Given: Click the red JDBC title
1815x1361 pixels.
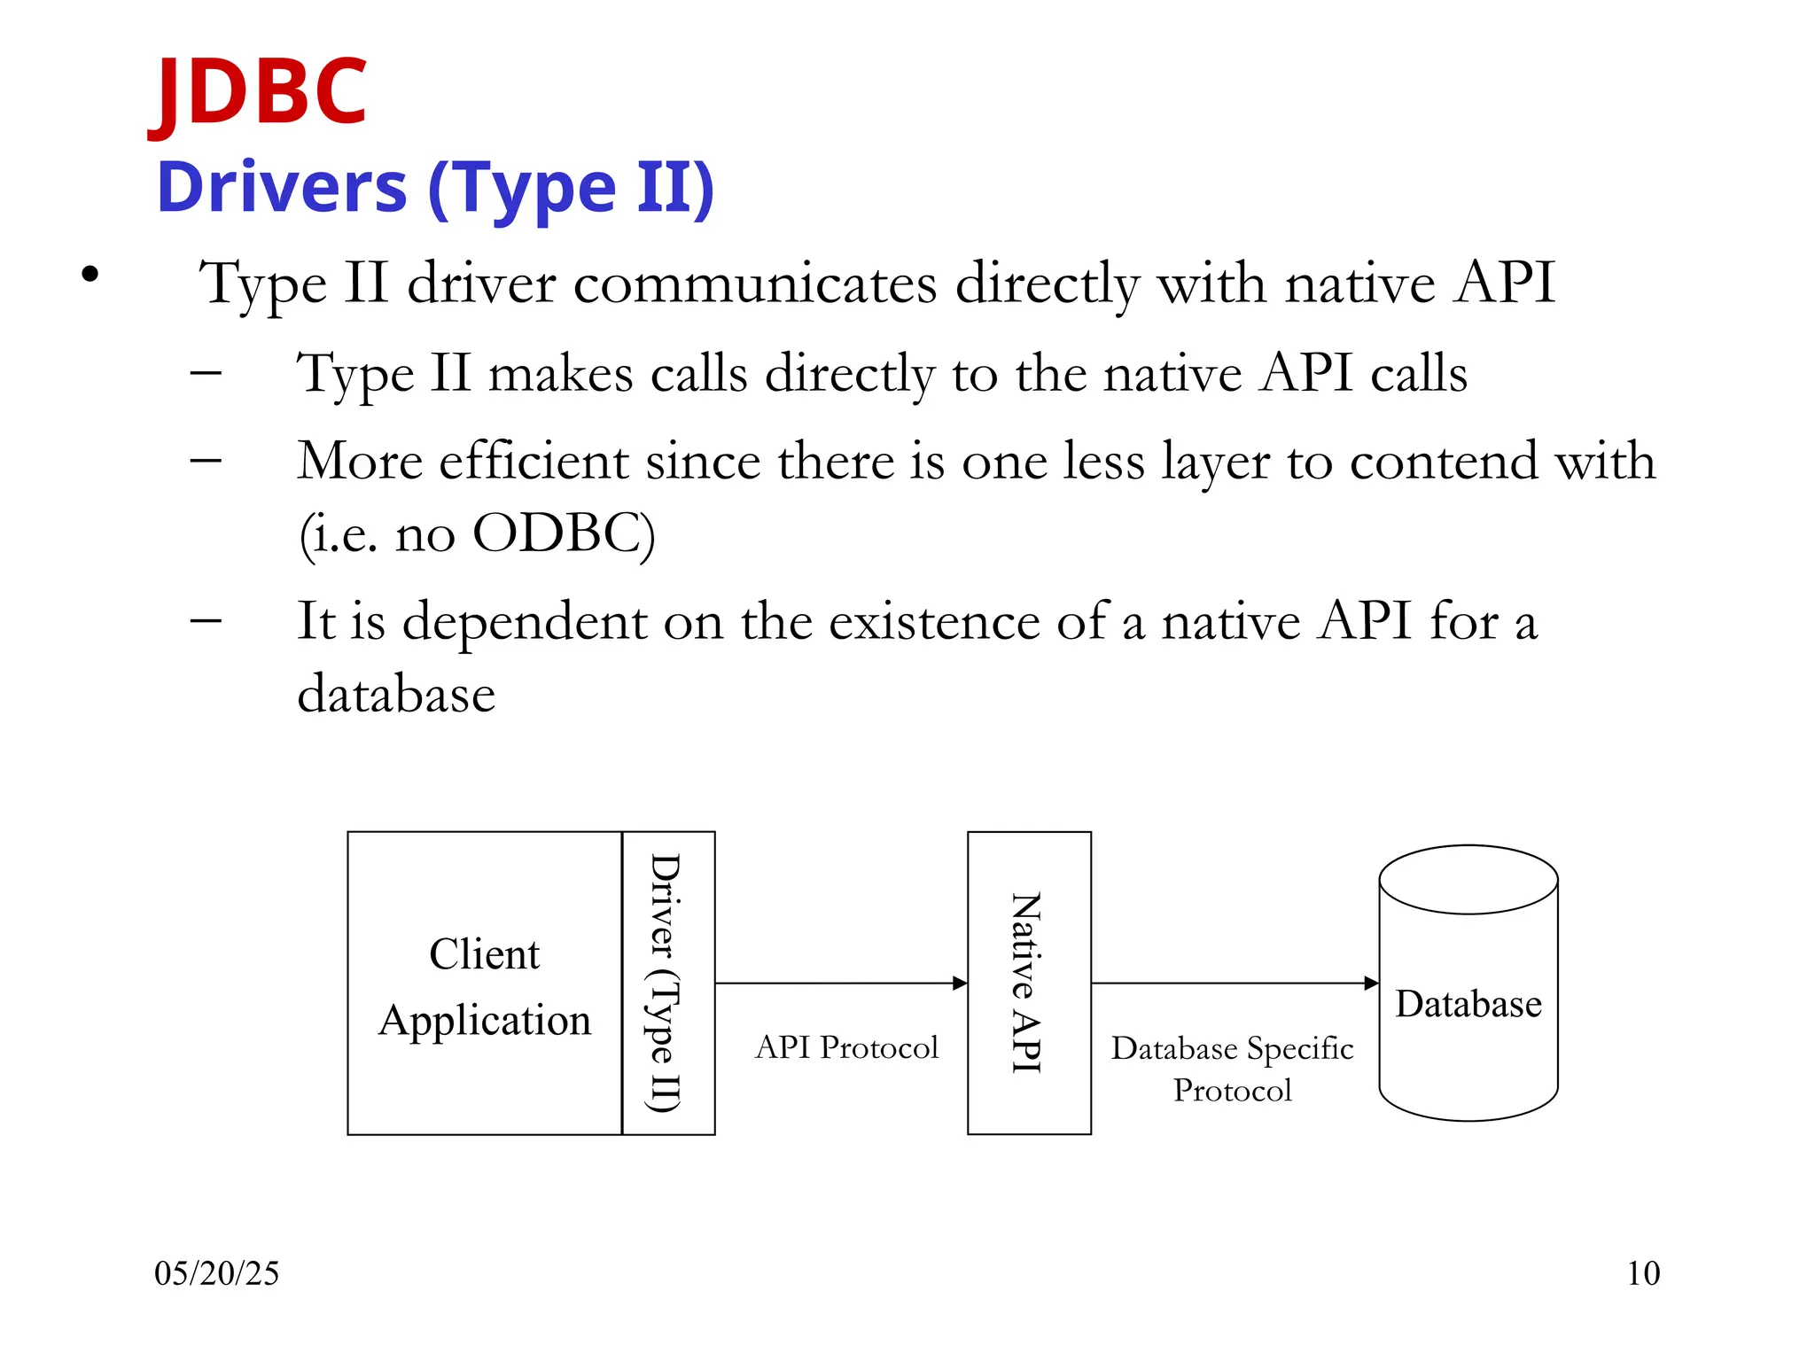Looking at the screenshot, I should click(x=259, y=90).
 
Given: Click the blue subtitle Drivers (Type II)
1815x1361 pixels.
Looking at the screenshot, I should click(x=434, y=188).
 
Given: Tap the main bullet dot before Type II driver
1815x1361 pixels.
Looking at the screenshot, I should click(x=90, y=276).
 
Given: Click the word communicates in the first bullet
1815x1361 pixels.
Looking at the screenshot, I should click(x=755, y=284).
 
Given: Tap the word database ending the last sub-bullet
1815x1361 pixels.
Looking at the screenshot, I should click(x=396, y=694).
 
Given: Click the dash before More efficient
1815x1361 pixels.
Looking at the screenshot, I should click(x=206, y=460).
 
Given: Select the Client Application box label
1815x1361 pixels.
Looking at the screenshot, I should click(x=485, y=986).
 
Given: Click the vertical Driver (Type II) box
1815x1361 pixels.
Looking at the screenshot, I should click(x=667, y=983).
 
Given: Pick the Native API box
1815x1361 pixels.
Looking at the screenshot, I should click(x=1028, y=983).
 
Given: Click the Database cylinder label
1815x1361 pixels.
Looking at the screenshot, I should click(x=1468, y=1004).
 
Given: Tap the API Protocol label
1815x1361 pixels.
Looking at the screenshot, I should click(x=846, y=1047).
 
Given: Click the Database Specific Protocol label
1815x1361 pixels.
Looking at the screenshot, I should click(x=1232, y=1069).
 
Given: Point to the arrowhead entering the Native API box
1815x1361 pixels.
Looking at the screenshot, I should click(x=960, y=983).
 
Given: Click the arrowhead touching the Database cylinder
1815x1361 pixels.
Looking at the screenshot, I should click(x=1371, y=983).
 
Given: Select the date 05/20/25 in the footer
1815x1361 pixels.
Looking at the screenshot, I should click(x=216, y=1273).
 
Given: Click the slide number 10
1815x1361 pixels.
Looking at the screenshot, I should click(x=1642, y=1273).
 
